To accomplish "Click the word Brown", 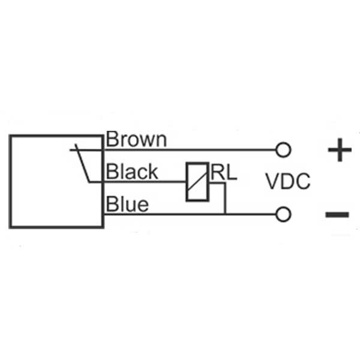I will (136, 140).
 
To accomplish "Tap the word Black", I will (132, 172).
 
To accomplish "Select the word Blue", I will (127, 205).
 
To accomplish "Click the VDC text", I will (289, 181).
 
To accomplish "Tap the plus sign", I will (340, 150).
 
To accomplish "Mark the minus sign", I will (337, 214).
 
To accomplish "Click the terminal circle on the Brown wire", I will (283, 149).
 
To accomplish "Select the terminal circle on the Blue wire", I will (283, 214).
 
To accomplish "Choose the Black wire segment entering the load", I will (174, 181).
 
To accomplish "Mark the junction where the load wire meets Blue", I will (224, 214).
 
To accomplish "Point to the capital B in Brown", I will (112, 140).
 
